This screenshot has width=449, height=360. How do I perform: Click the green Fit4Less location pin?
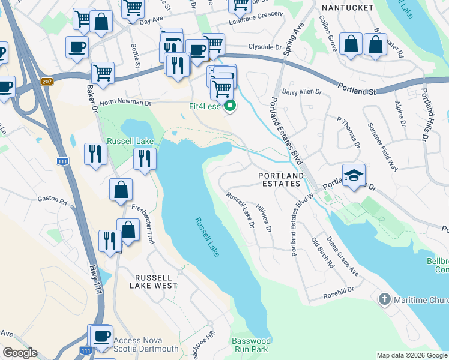(x=230, y=108)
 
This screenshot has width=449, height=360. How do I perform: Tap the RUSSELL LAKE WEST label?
(x=156, y=282)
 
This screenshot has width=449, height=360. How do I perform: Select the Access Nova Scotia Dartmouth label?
(x=146, y=344)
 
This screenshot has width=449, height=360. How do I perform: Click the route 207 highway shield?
(x=48, y=81)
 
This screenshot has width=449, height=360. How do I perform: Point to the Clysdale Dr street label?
(x=265, y=46)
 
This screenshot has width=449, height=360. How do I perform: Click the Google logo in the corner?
(x=19, y=353)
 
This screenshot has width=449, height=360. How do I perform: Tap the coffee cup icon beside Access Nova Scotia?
(x=100, y=335)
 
